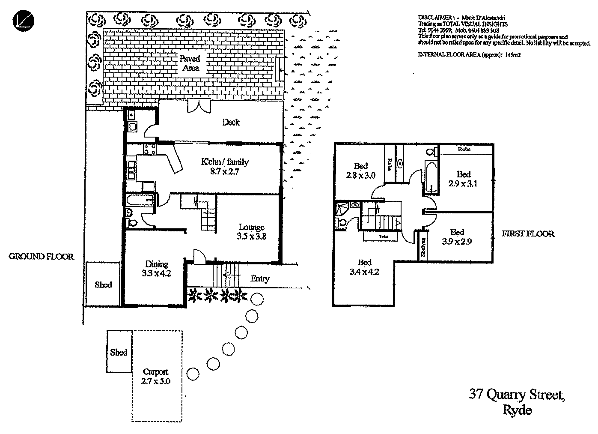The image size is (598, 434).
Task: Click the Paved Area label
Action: (x=190, y=63)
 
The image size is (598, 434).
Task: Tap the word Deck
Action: (x=231, y=123)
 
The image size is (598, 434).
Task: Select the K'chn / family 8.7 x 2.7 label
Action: (x=224, y=167)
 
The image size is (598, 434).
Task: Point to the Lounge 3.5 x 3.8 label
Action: (x=252, y=231)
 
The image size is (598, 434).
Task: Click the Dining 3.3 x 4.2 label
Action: (x=157, y=269)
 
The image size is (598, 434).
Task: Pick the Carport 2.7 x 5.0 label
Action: (x=156, y=376)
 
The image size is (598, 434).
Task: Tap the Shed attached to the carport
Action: (x=119, y=352)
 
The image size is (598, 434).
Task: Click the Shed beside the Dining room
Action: (x=103, y=285)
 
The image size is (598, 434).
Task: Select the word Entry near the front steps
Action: (x=260, y=279)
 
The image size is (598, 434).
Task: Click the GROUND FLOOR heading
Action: (x=42, y=257)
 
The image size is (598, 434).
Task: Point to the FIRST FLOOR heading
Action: (x=528, y=234)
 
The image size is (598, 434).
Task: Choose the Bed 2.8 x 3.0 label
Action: (x=361, y=171)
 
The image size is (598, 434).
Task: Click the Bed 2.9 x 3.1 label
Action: (x=463, y=179)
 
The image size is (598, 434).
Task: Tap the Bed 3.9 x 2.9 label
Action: (x=457, y=236)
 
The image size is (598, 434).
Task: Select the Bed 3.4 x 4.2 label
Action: (x=365, y=267)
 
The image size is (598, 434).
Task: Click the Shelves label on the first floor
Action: (x=423, y=247)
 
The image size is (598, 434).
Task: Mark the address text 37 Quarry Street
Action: (x=517, y=394)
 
